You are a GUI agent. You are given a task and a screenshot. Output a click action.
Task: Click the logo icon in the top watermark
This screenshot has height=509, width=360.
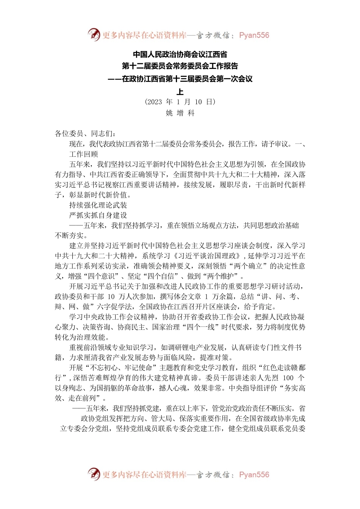[x=94, y=35]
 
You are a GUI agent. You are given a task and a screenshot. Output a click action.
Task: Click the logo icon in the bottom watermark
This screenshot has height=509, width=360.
[x=94, y=474]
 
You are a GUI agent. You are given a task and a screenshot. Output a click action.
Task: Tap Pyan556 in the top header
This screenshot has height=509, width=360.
[x=254, y=35]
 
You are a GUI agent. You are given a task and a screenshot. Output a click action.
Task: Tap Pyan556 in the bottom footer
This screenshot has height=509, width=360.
[x=254, y=475]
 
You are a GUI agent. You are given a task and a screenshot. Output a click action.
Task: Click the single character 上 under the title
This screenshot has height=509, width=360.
[x=180, y=91]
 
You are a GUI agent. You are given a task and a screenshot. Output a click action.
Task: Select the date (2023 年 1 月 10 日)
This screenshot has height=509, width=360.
[x=180, y=101]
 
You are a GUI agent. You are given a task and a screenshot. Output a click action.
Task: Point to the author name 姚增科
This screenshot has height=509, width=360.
[x=180, y=113]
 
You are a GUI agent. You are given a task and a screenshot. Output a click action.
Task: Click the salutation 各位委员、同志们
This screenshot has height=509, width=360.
[x=86, y=133]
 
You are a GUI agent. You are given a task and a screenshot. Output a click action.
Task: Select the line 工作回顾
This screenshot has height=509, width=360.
[x=83, y=154]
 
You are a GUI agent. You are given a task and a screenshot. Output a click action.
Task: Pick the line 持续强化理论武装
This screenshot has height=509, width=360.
[x=98, y=205]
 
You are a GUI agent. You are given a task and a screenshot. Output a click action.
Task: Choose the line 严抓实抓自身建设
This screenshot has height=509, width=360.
[x=98, y=215]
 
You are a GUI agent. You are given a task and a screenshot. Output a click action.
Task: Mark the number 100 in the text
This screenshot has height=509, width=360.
[x=288, y=378]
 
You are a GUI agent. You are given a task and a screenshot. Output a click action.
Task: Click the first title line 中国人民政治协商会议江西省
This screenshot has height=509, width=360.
[x=180, y=55]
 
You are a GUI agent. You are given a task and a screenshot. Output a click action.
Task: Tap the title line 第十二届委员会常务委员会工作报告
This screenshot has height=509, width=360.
[x=180, y=66]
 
